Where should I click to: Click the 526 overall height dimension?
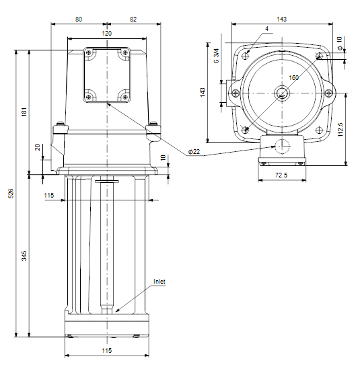pos(11,194)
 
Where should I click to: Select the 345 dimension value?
pos(24,256)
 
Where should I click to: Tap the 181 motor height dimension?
pos(24,112)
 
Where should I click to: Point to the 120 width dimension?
pos(107,34)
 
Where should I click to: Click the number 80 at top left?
pos(79,19)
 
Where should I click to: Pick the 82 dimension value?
pos(133,19)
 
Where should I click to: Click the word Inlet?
pos(159,282)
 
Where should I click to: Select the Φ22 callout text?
pos(194,152)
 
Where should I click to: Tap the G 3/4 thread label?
pos(216,56)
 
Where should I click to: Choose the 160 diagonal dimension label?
pos(293,78)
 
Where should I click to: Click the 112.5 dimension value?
pos(340,130)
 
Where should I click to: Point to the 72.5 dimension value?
pos(281,175)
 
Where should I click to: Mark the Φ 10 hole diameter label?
pos(340,43)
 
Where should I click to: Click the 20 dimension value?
pos(38,148)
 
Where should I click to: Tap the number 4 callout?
pos(266,29)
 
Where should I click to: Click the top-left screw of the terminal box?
pos(89,52)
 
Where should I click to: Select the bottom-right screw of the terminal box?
pos(125,97)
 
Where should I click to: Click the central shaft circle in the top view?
pos(282,93)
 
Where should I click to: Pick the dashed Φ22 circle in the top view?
pos(282,147)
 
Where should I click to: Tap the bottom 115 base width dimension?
pos(107,351)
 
